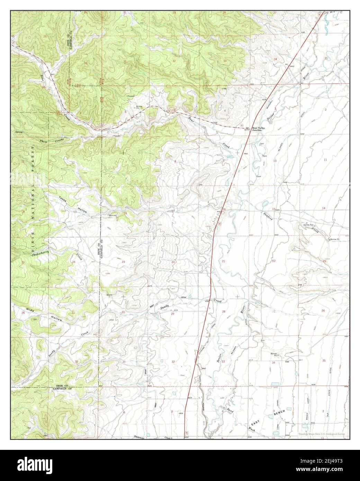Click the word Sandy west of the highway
[x=164, y=306]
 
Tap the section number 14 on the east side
[x=324, y=208]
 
